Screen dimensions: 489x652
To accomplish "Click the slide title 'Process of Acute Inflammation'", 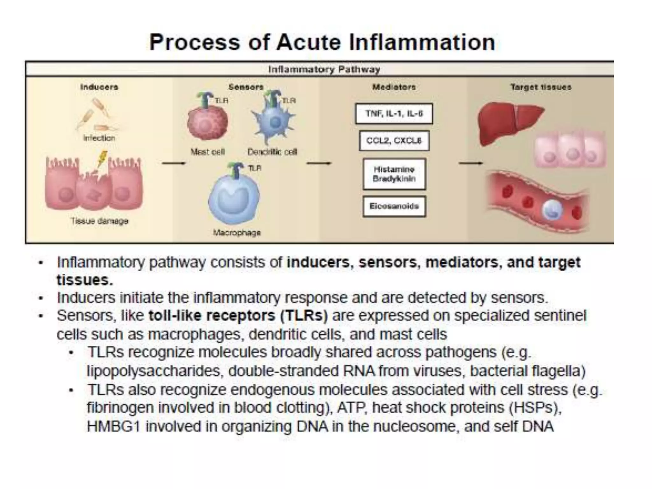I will [x=322, y=42].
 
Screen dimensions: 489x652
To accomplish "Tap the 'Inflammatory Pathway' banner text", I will [x=324, y=69].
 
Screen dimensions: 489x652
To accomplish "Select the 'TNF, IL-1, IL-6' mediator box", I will [x=394, y=114].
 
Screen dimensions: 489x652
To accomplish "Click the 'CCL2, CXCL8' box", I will [x=394, y=140].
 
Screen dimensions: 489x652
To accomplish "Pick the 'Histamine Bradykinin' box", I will [x=394, y=174].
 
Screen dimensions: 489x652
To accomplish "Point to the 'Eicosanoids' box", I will [x=394, y=206].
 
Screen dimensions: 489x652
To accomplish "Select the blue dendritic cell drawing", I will [x=274, y=123].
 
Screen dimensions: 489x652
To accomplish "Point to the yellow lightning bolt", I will [x=102, y=159].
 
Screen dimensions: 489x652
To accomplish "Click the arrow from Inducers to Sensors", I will [x=174, y=163].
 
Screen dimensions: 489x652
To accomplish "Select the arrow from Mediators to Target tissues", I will [x=471, y=163].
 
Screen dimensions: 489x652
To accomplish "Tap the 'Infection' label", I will [x=99, y=138].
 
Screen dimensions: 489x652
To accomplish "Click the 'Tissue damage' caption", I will [x=100, y=221].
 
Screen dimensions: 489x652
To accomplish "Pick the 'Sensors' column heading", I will [x=246, y=87].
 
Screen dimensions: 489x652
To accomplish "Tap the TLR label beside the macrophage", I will [x=255, y=168].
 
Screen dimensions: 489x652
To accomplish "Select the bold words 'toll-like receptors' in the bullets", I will [x=211, y=316].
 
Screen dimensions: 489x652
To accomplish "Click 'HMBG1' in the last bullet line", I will [x=114, y=427].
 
